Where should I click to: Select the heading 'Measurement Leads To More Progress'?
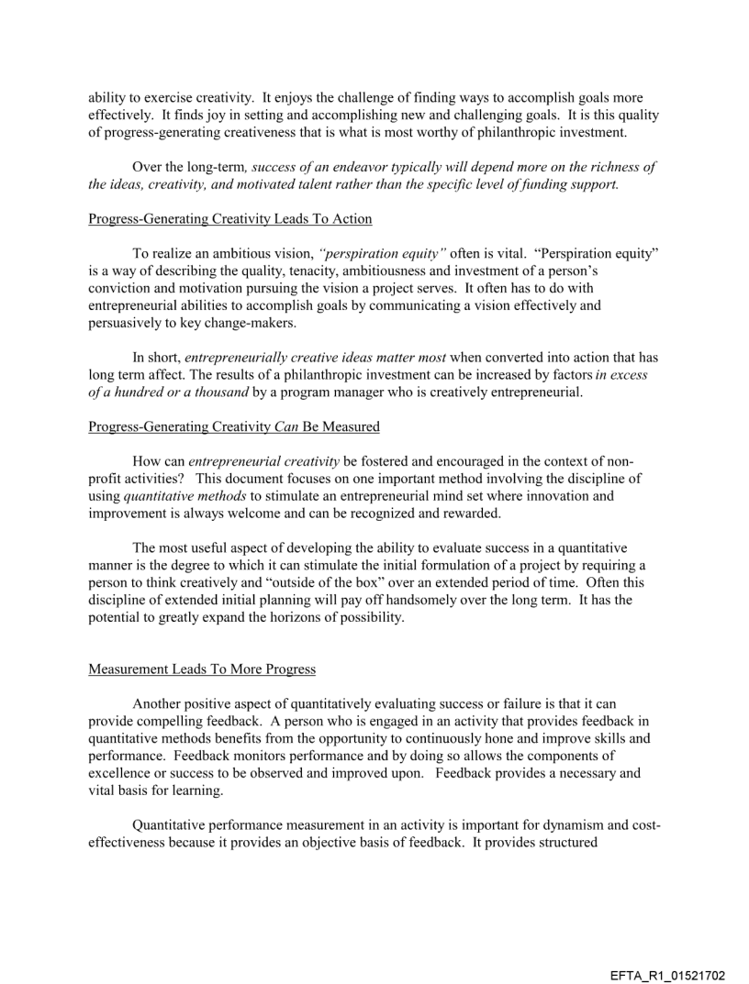(x=202, y=669)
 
